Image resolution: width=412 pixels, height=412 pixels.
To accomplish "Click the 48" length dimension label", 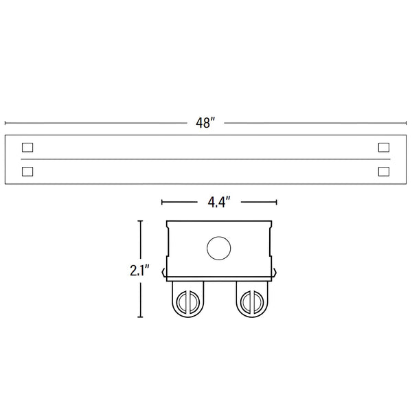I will coord(205,123).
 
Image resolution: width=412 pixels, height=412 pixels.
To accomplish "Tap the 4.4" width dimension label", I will coord(218,202).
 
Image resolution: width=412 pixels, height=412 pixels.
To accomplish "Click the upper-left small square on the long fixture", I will coord(27,147).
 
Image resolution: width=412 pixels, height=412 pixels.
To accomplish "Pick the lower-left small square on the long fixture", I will coord(27,170).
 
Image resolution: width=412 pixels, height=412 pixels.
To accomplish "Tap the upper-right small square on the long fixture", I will coord(384,147).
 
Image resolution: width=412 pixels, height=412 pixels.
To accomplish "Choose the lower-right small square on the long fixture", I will coord(384,170).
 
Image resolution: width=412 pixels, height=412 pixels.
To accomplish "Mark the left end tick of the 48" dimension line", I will coord(5,123).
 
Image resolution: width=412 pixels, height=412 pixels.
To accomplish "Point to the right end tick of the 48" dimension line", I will coord(406,123).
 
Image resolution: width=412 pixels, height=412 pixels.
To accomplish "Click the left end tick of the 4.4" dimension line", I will coord(161,202).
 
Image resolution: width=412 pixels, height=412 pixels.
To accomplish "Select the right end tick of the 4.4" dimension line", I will coord(276,202).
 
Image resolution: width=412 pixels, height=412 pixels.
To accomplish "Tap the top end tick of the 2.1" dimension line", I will coord(140,221).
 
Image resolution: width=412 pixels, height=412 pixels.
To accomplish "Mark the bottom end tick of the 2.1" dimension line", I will coord(140,317).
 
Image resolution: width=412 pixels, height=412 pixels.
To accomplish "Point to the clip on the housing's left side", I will coord(164,273).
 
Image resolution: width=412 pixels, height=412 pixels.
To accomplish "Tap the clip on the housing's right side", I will coord(274,273).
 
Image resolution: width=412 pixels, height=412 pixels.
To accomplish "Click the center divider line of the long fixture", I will coord(205,159).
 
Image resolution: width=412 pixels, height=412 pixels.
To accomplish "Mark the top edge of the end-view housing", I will coord(220,220).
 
